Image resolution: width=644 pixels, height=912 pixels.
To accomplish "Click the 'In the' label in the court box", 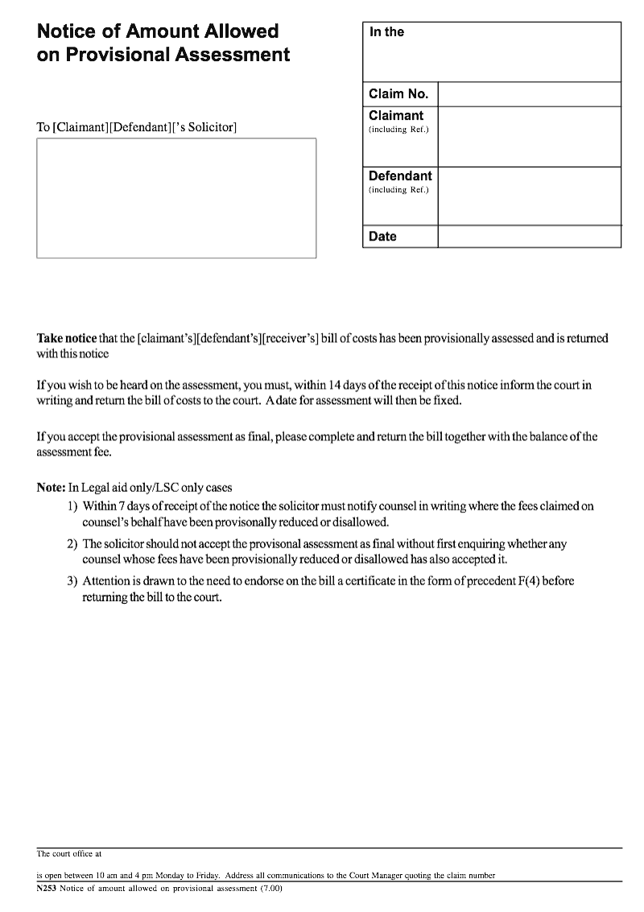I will pyautogui.click(x=386, y=32).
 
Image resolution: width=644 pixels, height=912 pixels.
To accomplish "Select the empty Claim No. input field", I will pyautogui.click(x=529, y=94).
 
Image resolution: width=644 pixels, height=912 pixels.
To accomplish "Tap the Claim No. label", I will pyautogui.click(x=398, y=94).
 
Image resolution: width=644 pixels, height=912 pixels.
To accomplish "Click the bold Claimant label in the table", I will pyautogui.click(x=395, y=116).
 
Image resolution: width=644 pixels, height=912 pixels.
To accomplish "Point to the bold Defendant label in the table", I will pyautogui.click(x=400, y=176).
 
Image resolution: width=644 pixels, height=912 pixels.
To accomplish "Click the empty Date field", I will pyautogui.click(x=529, y=237).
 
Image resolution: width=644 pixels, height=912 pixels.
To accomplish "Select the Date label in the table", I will pyautogui.click(x=382, y=237).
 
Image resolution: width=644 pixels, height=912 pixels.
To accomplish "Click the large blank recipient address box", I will pyautogui.click(x=176, y=198).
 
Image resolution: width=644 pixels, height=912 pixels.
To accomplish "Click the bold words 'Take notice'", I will pyautogui.click(x=67, y=339).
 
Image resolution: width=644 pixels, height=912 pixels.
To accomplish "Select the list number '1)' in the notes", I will pyautogui.click(x=72, y=507).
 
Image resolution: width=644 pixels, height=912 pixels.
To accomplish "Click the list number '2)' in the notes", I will pyautogui.click(x=72, y=544).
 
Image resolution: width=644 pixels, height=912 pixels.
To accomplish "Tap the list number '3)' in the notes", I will pyautogui.click(x=72, y=581).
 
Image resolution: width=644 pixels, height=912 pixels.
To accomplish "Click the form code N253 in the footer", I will pyautogui.click(x=46, y=889).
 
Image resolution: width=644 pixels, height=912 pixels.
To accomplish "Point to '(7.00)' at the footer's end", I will pyautogui.click(x=270, y=889).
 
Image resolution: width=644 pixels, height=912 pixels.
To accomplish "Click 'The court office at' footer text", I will pyautogui.click(x=69, y=853).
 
